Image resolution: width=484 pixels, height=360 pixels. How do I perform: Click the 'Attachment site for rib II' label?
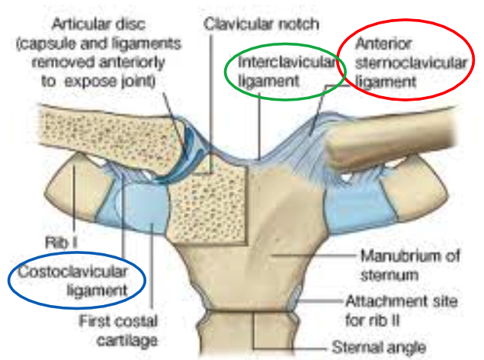[x=402, y=309]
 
